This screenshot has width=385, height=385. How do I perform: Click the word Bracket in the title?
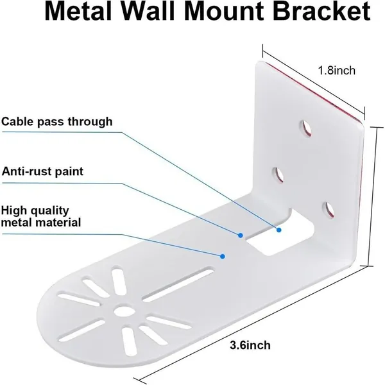tap(321, 12)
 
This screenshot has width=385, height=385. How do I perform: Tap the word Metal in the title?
tap(78, 12)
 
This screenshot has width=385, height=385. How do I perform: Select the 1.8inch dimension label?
tap(337, 71)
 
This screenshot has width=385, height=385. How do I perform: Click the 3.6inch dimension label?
tap(250, 345)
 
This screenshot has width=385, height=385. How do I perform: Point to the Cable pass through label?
tap(57, 121)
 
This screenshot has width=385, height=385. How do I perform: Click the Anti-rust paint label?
tap(42, 171)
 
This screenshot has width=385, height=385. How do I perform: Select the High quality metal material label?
tap(41, 217)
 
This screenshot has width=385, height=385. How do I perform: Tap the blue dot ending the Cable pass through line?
tap(278, 230)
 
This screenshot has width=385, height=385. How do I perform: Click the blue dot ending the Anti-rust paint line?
tap(241, 235)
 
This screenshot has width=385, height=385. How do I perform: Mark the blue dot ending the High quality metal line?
tap(223, 256)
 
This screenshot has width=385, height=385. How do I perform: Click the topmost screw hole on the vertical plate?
tap(305, 128)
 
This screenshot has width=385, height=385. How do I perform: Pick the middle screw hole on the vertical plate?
tap(278, 175)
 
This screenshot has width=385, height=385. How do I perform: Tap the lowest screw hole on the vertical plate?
tap(329, 210)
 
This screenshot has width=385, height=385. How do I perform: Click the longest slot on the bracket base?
tap(178, 284)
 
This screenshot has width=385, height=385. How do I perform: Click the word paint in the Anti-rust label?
tap(69, 171)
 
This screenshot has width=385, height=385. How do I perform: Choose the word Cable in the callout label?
tap(18, 121)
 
